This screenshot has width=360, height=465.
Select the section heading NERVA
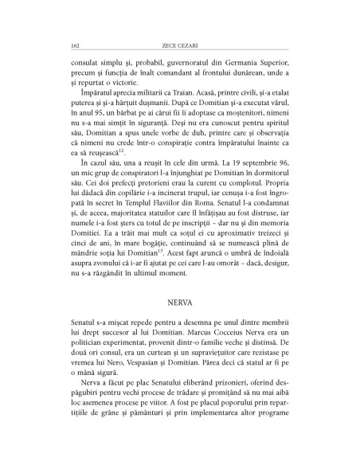(x=179, y=304)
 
